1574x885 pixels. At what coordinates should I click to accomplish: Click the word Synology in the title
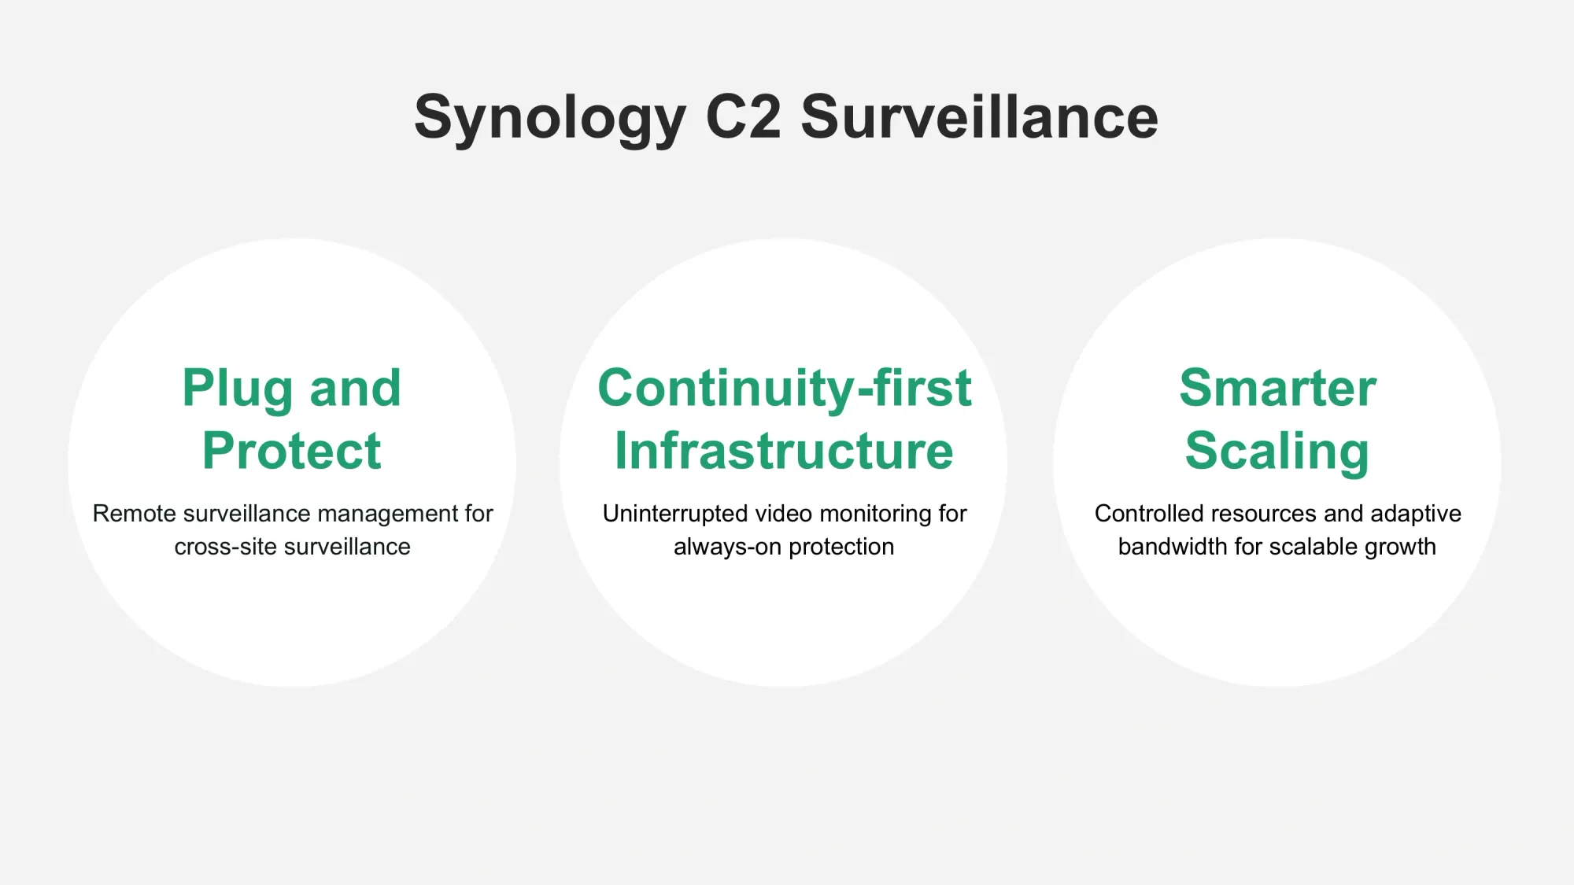[550, 118]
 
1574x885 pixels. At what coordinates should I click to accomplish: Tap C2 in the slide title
[744, 116]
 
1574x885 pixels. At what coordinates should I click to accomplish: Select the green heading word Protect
[292, 451]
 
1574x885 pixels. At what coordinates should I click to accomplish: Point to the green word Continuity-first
[785, 389]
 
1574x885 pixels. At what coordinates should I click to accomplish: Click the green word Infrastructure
[784, 451]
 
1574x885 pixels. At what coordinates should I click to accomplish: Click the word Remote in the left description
[135, 514]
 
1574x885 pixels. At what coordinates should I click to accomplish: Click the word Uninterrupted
[675, 514]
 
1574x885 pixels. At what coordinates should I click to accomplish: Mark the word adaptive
[1416, 514]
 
